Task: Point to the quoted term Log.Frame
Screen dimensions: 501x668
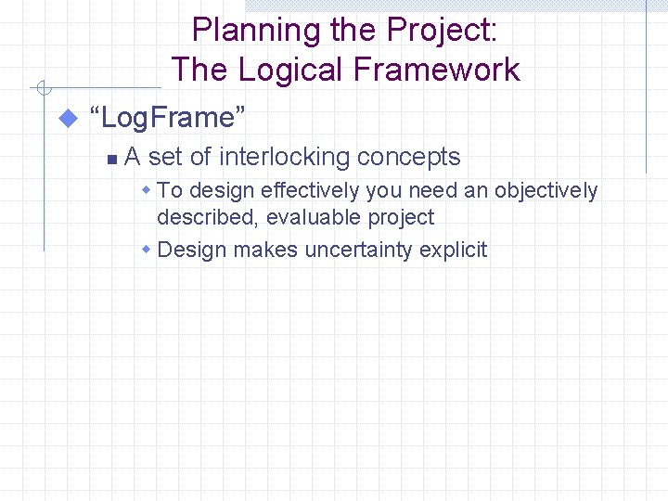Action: tap(167, 118)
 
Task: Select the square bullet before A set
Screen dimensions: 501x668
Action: tap(111, 160)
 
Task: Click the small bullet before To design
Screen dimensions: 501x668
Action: tap(147, 190)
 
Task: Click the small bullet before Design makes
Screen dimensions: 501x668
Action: tap(147, 250)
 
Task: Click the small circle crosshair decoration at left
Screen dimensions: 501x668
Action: tap(43, 89)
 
